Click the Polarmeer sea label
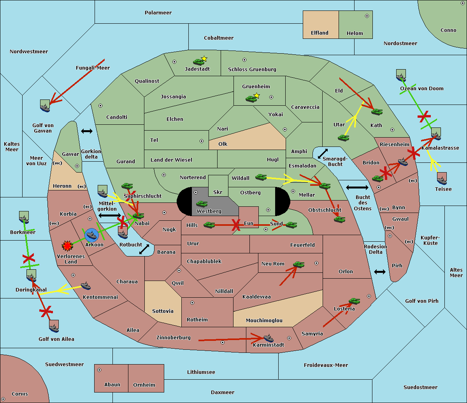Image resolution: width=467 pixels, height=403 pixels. point(158,13)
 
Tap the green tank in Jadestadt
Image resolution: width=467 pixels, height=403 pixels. point(199,62)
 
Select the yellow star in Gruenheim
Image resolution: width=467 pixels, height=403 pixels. point(256,96)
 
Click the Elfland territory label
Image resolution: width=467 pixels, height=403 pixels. point(320,33)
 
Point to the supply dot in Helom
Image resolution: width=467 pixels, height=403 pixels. point(367,16)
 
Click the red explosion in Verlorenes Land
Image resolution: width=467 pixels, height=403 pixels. point(67,246)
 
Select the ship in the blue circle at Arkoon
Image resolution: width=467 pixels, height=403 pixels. point(91,235)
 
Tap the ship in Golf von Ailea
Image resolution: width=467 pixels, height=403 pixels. point(54,326)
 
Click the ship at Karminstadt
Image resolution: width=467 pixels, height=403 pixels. point(269,338)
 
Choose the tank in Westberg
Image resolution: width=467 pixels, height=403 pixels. point(202,204)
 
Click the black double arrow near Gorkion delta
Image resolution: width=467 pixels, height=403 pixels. point(86,131)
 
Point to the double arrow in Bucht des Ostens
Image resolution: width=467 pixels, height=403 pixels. point(357,188)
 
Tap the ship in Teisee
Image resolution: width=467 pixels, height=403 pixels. point(442,179)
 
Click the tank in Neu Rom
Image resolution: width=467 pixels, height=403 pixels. point(298,265)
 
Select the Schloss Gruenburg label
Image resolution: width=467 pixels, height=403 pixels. point(252,70)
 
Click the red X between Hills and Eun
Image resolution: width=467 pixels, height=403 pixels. point(235,225)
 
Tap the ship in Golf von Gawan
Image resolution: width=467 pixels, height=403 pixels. point(45,106)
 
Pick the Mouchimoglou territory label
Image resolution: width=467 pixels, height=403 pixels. point(264,321)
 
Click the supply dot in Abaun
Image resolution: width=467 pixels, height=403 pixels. point(99,370)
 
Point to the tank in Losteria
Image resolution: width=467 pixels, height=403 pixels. point(354,301)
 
